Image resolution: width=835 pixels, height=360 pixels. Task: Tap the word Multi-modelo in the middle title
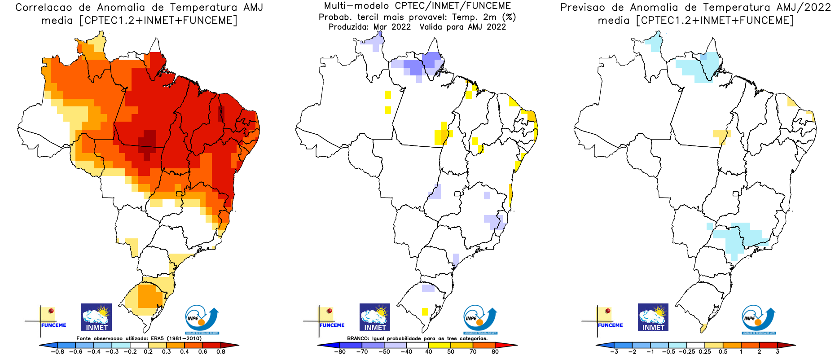click(x=356, y=6)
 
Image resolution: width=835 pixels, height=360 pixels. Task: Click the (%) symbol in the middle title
click(x=509, y=17)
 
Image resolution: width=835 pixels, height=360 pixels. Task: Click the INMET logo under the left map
click(x=97, y=317)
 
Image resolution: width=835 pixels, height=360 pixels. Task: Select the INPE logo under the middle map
click(x=480, y=319)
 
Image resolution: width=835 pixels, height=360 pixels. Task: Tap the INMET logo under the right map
click(x=653, y=317)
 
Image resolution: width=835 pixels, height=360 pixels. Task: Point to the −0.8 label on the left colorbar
click(x=57, y=352)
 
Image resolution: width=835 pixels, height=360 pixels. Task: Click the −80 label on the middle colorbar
click(x=340, y=352)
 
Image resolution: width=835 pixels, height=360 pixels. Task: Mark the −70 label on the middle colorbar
click(x=362, y=352)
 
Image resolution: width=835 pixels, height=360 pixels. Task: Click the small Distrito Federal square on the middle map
click(x=457, y=194)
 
